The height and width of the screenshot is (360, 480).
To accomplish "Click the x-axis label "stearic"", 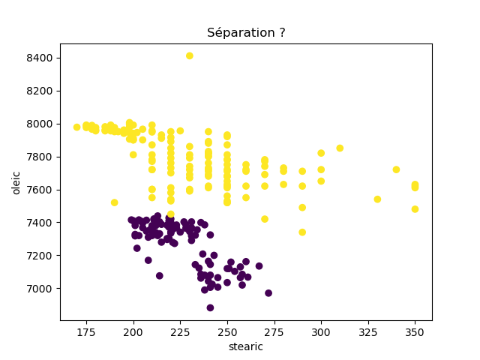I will coord(246,346).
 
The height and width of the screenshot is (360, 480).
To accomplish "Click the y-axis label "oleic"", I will coord(16,182).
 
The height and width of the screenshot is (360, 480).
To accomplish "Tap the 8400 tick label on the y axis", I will coord(40,58).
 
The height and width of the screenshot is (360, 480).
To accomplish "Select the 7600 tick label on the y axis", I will coord(40,190).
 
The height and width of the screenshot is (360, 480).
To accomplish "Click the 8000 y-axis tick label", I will coord(40,124).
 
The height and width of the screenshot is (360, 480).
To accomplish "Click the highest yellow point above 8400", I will coord(190,55).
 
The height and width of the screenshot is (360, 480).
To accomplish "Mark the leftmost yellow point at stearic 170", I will coord(76,127).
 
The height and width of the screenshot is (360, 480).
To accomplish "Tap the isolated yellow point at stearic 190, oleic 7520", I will coord(114,202).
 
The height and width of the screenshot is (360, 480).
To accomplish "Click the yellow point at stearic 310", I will coord(340,148).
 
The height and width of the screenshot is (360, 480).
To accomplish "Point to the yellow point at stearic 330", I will coord(377,199).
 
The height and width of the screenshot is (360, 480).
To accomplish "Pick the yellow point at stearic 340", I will coord(396,169).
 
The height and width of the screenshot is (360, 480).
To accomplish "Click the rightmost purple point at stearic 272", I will coord(268,293).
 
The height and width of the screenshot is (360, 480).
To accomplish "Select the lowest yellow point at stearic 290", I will coord(302,232).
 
